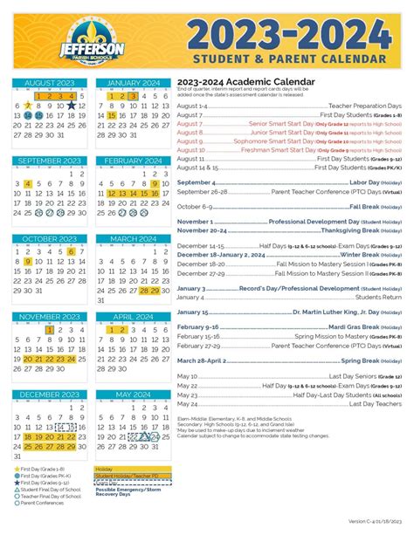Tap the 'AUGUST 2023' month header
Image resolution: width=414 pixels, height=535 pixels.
pyautogui.click(x=49, y=83)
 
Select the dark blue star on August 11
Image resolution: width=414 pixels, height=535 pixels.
pyautogui.click(x=71, y=106)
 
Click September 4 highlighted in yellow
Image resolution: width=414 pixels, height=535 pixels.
pyautogui.click(x=29, y=183)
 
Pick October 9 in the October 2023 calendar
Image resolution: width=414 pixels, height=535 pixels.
pyautogui.click(x=29, y=262)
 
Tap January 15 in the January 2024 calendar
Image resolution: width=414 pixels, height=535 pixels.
pyautogui.click(x=112, y=115)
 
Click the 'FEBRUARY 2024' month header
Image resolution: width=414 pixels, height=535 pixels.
pyautogui.click(x=130, y=161)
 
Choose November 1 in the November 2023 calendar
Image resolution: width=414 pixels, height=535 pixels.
pyautogui.click(x=50, y=330)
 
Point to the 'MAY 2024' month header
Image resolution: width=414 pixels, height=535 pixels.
pyautogui.click(x=130, y=394)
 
